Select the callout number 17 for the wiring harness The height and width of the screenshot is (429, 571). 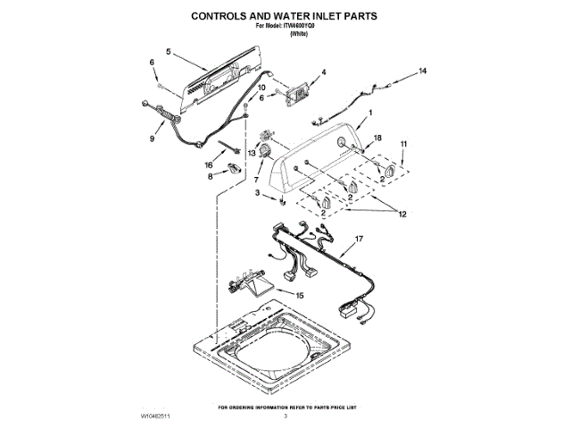pos(360,240)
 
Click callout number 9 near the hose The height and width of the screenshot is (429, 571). pos(151,139)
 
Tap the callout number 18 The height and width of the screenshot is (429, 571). pos(377,139)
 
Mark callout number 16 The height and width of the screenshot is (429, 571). pos(209,165)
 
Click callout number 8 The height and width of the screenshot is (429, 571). pos(211,177)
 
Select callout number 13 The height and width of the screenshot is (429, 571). pos(252,154)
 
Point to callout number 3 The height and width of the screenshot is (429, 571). pos(258,192)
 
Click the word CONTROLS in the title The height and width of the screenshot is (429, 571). pos(220,15)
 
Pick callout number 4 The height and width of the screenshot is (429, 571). pos(323,71)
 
